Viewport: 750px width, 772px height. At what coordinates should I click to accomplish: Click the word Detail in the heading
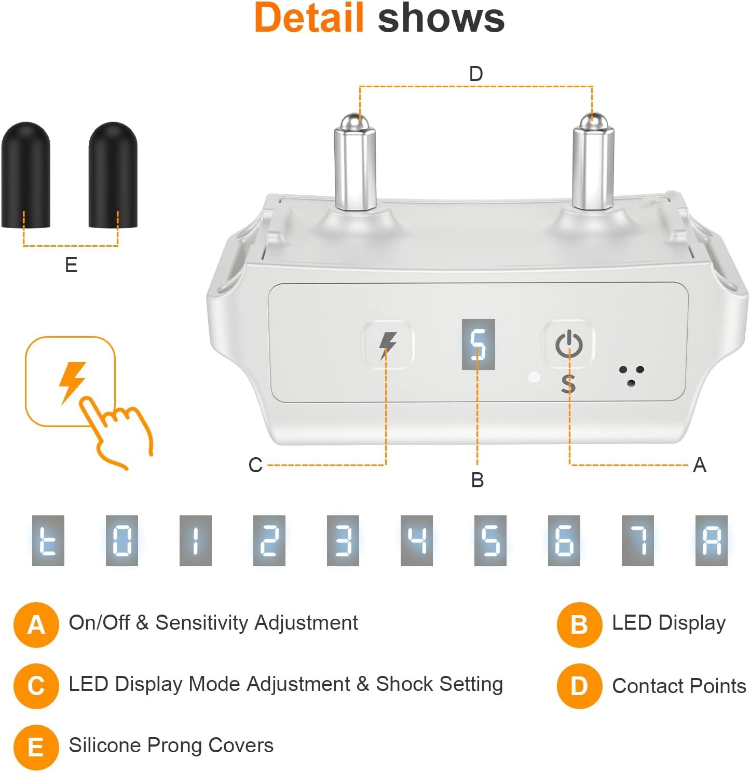309,18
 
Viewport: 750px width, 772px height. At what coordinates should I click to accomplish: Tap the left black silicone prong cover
26,175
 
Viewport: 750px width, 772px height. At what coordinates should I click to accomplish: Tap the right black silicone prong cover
113,175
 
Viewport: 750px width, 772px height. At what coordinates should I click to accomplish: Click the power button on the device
569,344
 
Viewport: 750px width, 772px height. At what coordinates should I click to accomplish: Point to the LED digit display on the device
478,344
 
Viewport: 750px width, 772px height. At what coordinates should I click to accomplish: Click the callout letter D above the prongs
476,74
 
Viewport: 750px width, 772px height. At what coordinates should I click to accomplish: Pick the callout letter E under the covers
71,264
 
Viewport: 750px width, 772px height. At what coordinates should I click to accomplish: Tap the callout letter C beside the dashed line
256,465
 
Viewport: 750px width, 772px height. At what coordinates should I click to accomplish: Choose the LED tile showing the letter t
48,540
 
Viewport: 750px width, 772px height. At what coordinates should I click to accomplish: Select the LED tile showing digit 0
121,540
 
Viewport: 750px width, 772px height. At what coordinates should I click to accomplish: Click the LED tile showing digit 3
343,540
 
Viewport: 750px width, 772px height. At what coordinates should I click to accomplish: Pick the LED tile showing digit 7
637,540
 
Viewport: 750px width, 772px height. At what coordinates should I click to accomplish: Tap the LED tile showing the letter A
711,540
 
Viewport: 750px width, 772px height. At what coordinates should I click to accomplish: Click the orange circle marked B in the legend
579,625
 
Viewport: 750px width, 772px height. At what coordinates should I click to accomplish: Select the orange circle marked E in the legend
36,748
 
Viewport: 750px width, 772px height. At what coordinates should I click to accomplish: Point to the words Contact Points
679,686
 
